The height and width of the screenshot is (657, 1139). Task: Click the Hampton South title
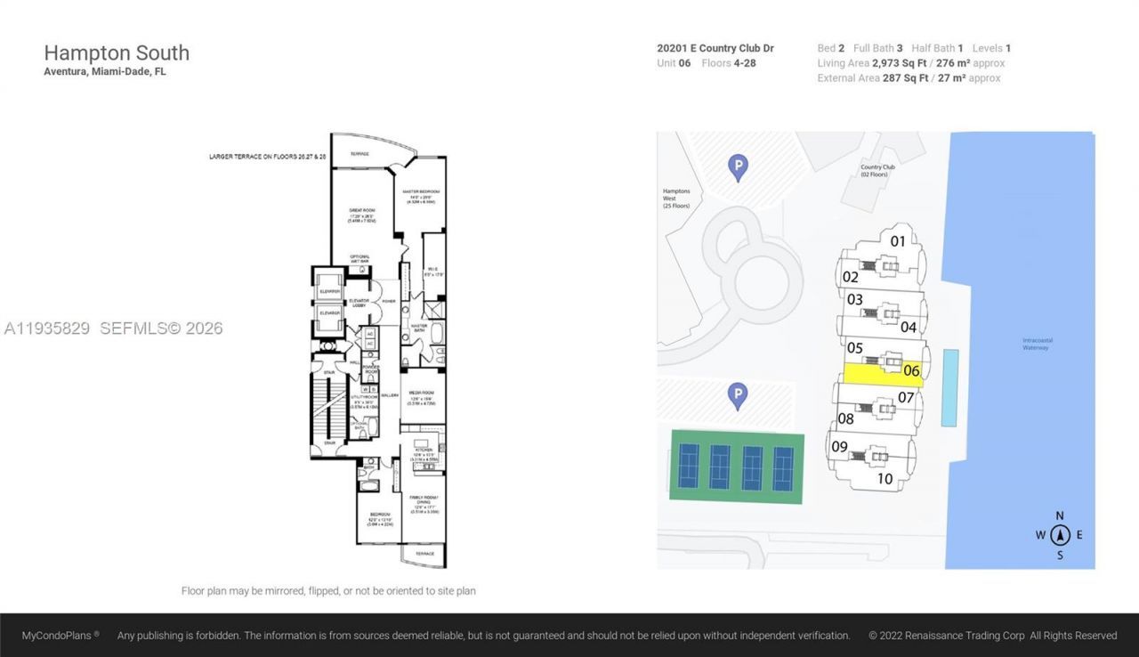coord(117,53)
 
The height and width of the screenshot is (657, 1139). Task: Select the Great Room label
coord(360,215)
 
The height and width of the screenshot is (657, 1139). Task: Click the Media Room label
coord(421,394)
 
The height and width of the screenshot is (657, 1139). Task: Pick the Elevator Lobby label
coord(359,303)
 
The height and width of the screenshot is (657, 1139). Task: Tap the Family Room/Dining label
coord(423,503)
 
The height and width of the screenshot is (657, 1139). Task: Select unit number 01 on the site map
coord(898,240)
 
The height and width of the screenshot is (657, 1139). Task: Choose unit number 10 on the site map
coord(885,478)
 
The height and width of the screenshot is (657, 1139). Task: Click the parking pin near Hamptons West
coord(737,166)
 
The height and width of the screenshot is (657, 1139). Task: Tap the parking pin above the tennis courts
coord(737,396)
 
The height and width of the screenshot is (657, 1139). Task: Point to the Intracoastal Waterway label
coord(1035,344)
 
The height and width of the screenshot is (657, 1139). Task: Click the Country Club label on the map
coord(876,170)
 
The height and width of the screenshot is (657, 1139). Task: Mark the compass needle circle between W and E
coord(1059,535)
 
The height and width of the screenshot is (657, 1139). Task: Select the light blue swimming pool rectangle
coord(950,387)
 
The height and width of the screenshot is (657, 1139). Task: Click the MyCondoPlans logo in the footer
coord(61,636)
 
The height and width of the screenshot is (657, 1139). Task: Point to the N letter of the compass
coord(1059,515)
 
